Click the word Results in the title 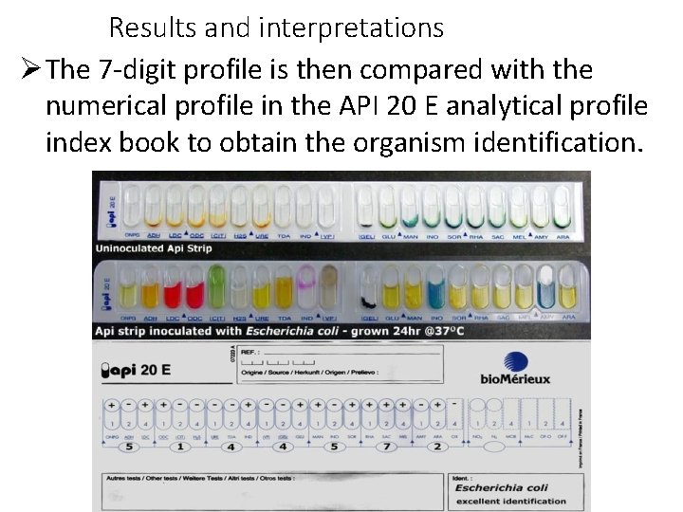click(x=155, y=28)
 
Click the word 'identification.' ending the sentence click(x=553, y=143)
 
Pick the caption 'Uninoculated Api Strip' click(x=153, y=248)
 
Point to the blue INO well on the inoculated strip click(x=436, y=288)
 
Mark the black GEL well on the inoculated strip click(x=366, y=294)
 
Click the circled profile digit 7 click(x=386, y=446)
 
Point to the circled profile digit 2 click(x=436, y=446)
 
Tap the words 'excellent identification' click(x=510, y=502)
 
